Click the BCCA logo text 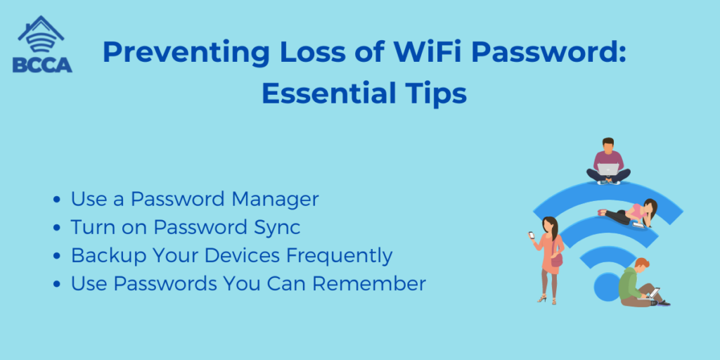pyautogui.click(x=42, y=64)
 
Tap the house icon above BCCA pyautogui.click(x=41, y=34)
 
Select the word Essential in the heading pyautogui.click(x=323, y=94)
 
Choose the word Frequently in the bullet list pyautogui.click(x=340, y=256)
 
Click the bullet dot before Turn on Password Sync pyautogui.click(x=57, y=229)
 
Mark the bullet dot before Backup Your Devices pyautogui.click(x=57, y=256)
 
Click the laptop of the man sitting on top pyautogui.click(x=607, y=169)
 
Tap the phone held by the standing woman pyautogui.click(x=532, y=235)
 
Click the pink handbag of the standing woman pyautogui.click(x=557, y=260)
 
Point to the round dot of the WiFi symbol pyautogui.click(x=607, y=287)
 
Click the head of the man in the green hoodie pyautogui.click(x=643, y=264)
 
